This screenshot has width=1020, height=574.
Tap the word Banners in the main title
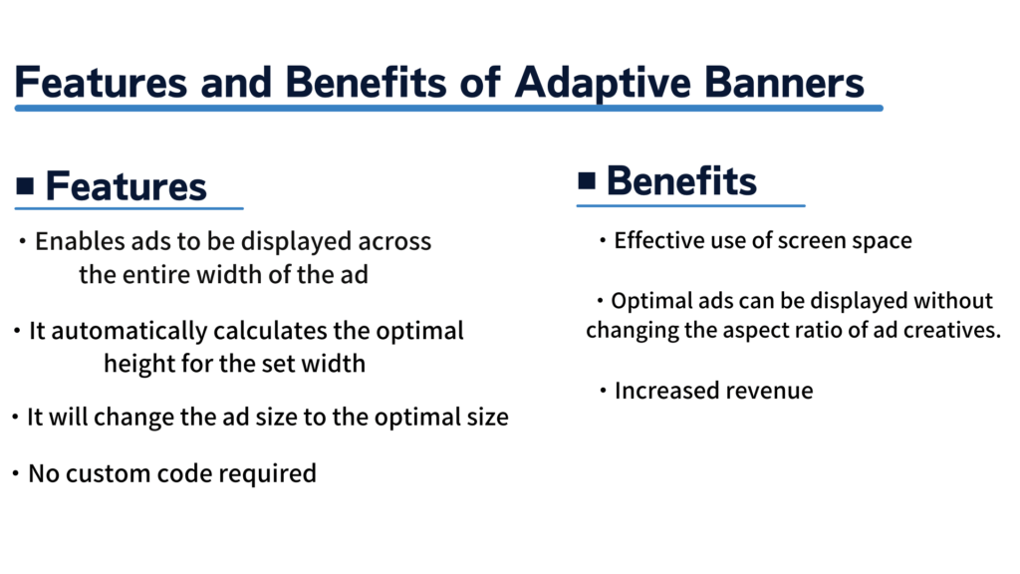(788, 83)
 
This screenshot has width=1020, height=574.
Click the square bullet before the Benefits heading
(587, 179)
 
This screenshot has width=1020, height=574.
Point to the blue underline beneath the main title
(448, 108)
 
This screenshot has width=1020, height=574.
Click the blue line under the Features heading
(128, 208)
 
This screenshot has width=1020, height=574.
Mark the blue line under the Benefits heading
(690, 205)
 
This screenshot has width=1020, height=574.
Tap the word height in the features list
(136, 364)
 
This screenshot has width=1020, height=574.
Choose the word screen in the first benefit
(788, 240)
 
